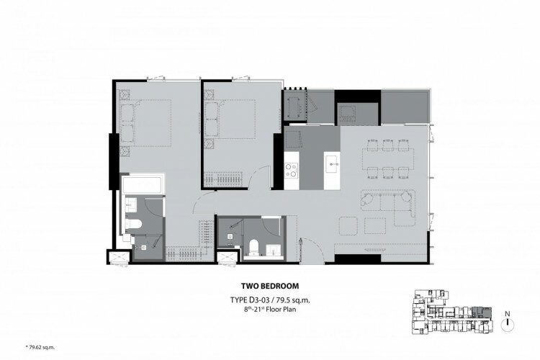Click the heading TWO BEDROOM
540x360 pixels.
[270, 286]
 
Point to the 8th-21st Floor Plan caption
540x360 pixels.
[270, 309]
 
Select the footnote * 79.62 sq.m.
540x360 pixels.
[40, 347]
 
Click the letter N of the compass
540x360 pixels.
[507, 313]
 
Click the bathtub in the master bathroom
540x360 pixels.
[143, 184]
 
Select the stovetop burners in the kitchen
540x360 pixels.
[292, 170]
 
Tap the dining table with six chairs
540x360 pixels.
[389, 159]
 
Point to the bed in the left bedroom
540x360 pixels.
[145, 123]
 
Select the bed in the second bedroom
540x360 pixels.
[230, 120]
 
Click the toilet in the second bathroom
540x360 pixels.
[253, 248]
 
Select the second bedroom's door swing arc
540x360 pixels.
[260, 176]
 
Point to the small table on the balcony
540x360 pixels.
[294, 105]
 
